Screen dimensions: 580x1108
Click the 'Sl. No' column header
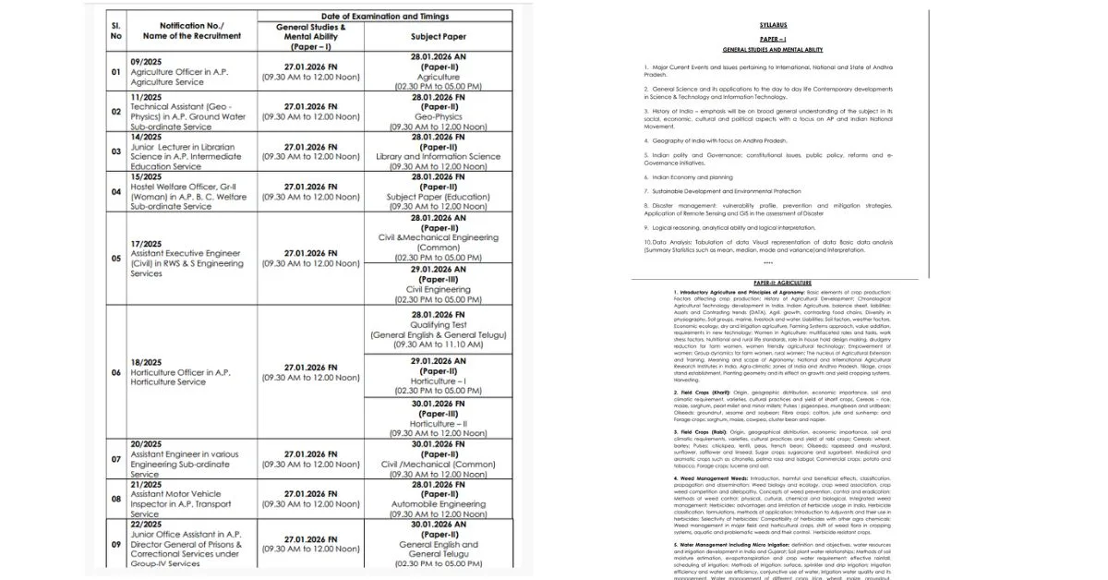point(115,30)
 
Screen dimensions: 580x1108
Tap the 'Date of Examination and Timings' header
point(385,17)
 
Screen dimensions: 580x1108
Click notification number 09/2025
point(142,61)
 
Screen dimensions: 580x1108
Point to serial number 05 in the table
point(115,259)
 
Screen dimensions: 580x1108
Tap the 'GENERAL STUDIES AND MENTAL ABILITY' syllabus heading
point(773,48)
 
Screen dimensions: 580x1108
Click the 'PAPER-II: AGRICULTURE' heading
point(780,282)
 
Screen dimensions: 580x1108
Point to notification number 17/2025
point(146,244)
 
